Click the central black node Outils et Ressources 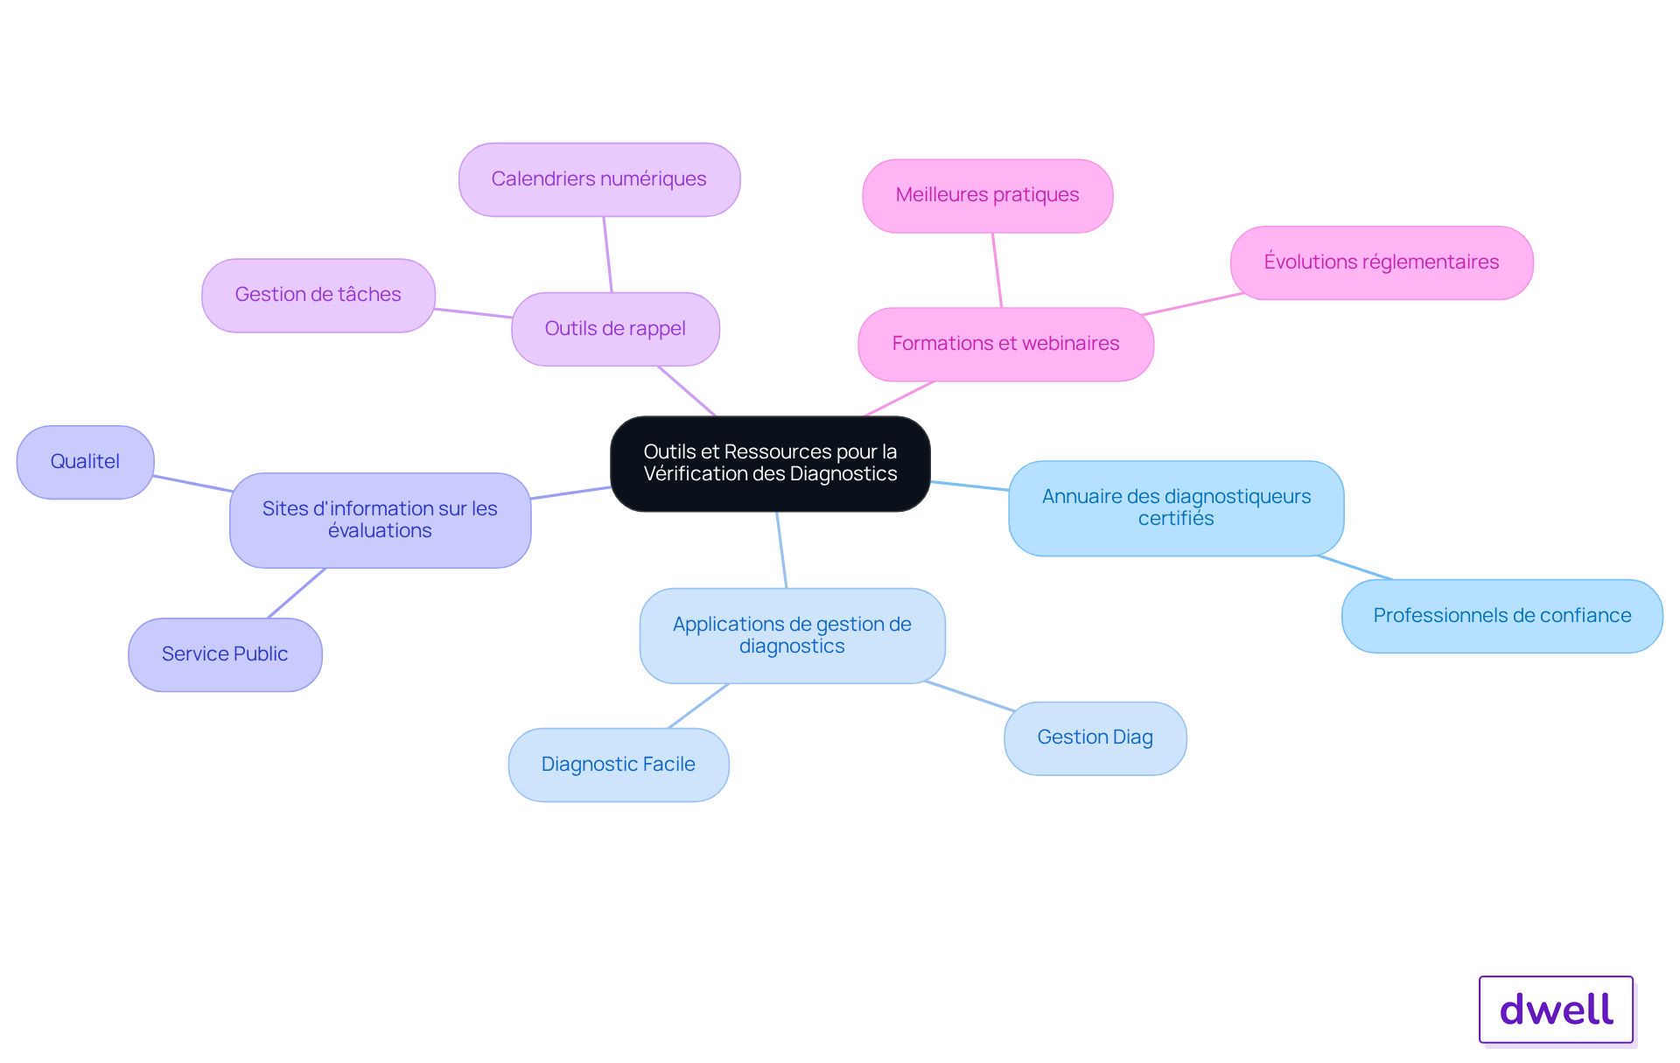tap(770, 464)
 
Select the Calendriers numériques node tap(599, 179)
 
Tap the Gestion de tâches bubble tap(318, 295)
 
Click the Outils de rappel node tap(615, 329)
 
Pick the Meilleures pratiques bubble tap(988, 195)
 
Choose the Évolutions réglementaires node tap(1382, 262)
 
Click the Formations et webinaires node tap(1006, 344)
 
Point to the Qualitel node tap(86, 462)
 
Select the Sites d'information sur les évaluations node tap(381, 521)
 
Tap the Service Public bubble tap(225, 654)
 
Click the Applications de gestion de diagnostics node tap(793, 635)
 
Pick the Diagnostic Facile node tap(619, 765)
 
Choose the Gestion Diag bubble tap(1095, 738)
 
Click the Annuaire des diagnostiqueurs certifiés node tap(1176, 508)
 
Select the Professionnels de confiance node tap(1502, 616)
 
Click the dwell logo tap(1556, 1010)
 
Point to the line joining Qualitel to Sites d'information tap(192, 484)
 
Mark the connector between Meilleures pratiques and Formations tap(997, 270)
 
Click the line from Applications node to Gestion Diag tap(969, 696)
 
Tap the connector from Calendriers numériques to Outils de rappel tap(607, 255)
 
